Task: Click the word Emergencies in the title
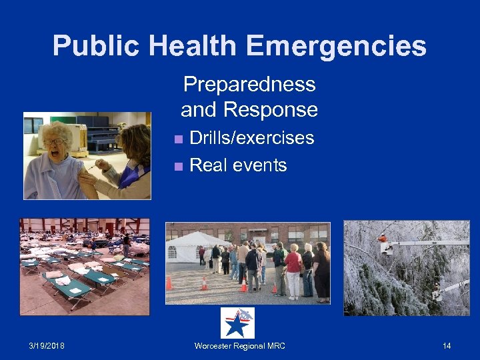(x=337, y=46)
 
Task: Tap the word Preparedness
(x=249, y=85)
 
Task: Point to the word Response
(x=271, y=109)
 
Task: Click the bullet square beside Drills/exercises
(x=177, y=139)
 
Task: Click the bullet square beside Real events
(x=177, y=166)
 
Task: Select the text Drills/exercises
(x=252, y=138)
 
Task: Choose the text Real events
(x=238, y=165)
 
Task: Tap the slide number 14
(x=447, y=345)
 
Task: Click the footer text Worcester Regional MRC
(x=239, y=345)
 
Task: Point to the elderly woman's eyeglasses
(x=54, y=141)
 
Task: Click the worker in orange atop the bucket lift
(x=382, y=238)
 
